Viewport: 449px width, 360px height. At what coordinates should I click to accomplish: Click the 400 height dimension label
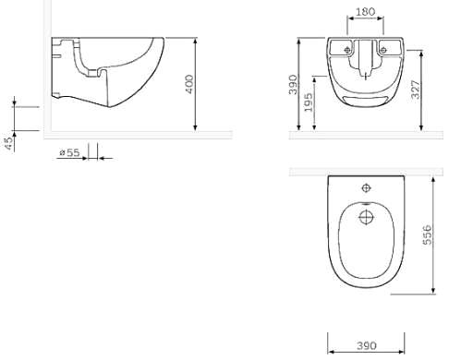pyautogui.click(x=190, y=84)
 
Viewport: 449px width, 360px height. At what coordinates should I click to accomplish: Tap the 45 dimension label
pyautogui.click(x=9, y=144)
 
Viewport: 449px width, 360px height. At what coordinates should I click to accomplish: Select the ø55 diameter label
pyautogui.click(x=69, y=152)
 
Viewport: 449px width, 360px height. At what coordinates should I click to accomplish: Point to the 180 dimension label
pyautogui.click(x=366, y=12)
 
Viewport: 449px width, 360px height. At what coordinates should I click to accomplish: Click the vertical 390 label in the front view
pyautogui.click(x=293, y=85)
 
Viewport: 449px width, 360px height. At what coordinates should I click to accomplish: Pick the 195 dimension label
pyautogui.click(x=309, y=102)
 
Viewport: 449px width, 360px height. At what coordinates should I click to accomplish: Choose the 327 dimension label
pyautogui.click(x=416, y=90)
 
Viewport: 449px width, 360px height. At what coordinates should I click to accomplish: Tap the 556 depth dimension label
pyautogui.click(x=427, y=235)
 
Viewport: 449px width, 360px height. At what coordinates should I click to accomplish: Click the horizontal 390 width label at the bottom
pyautogui.click(x=367, y=346)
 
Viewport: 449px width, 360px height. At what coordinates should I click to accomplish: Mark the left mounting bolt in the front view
pyautogui.click(x=347, y=50)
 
